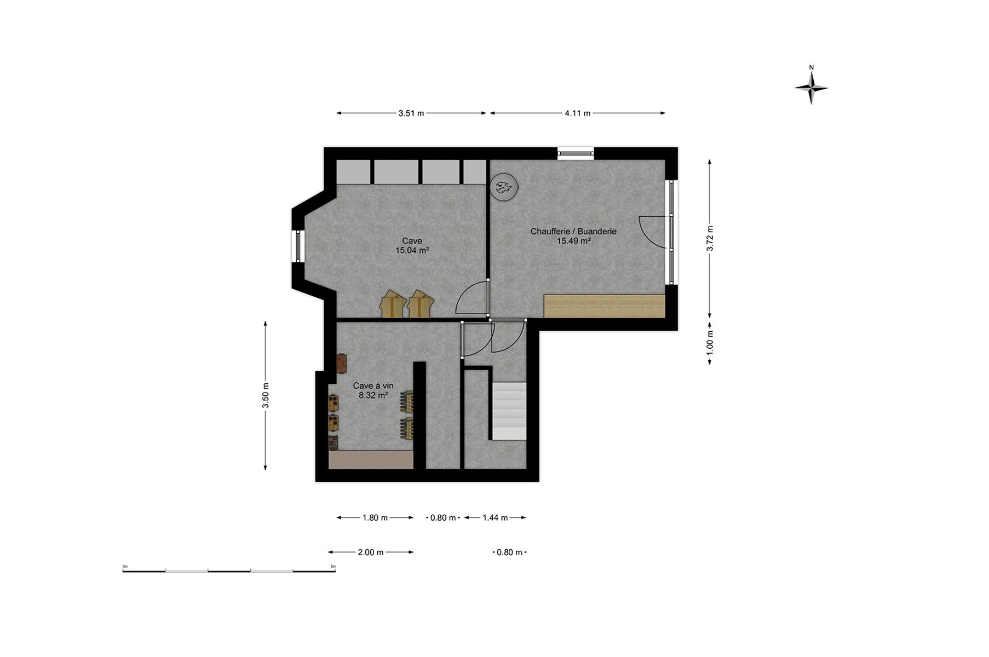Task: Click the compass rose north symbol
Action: [811, 85]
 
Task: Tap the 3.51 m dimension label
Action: [411, 113]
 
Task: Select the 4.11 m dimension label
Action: [578, 113]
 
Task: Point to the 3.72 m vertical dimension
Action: [710, 238]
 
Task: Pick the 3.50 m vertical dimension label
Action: [266, 395]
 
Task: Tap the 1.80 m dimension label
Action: [375, 517]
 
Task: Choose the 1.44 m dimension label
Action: [495, 517]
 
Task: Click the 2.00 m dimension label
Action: [371, 552]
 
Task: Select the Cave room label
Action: [412, 241]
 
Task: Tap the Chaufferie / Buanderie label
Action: [573, 231]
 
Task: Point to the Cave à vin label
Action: [373, 385]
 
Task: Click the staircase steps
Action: [509, 411]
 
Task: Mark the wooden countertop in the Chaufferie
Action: [605, 306]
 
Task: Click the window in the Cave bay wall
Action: [298, 246]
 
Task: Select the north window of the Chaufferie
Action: [576, 154]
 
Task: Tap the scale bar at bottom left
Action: [229, 570]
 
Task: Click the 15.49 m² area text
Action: [573, 240]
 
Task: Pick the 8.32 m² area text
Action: [373, 395]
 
